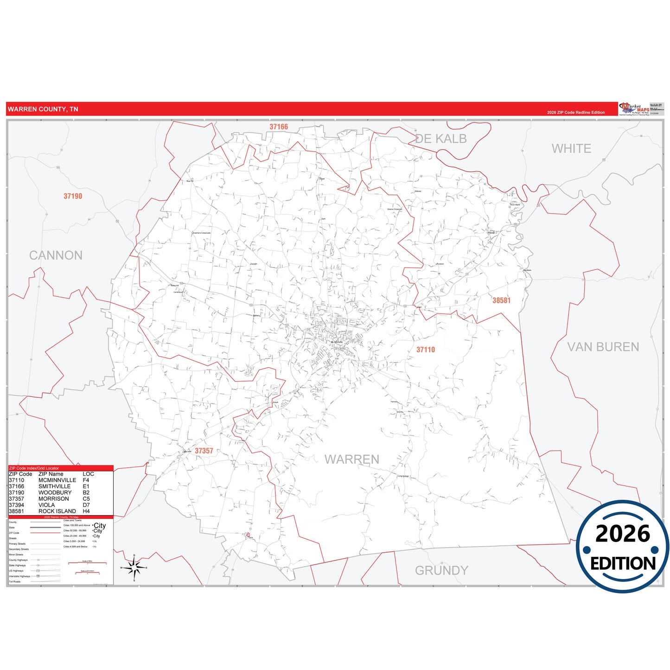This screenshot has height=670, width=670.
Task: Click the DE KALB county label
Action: [441, 139]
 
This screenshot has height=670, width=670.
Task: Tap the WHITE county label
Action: [571, 149]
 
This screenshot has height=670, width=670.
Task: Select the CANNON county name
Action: [56, 255]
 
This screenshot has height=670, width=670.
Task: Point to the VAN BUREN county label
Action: [603, 347]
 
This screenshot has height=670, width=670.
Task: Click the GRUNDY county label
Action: [441, 570]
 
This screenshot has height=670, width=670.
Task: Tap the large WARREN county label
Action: [352, 459]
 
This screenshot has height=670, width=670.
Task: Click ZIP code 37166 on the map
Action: [279, 127]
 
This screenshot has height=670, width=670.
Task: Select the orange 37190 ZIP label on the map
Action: [73, 196]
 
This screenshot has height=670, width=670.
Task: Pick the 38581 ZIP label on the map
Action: [501, 300]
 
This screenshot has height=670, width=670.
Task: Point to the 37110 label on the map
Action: [425, 350]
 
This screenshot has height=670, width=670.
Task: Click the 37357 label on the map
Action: [204, 451]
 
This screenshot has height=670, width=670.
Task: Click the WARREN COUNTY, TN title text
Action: [43, 109]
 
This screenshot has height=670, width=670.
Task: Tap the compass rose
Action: [134, 567]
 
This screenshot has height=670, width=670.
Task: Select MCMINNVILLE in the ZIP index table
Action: [57, 480]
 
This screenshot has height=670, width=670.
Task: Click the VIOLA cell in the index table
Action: [46, 505]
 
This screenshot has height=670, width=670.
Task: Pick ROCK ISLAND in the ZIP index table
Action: [57, 511]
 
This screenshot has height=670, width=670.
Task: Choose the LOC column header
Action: [88, 474]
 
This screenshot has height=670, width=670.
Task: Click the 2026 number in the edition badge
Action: [623, 534]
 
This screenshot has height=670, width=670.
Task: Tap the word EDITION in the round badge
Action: [623, 563]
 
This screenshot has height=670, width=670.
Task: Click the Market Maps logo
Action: [633, 109]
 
